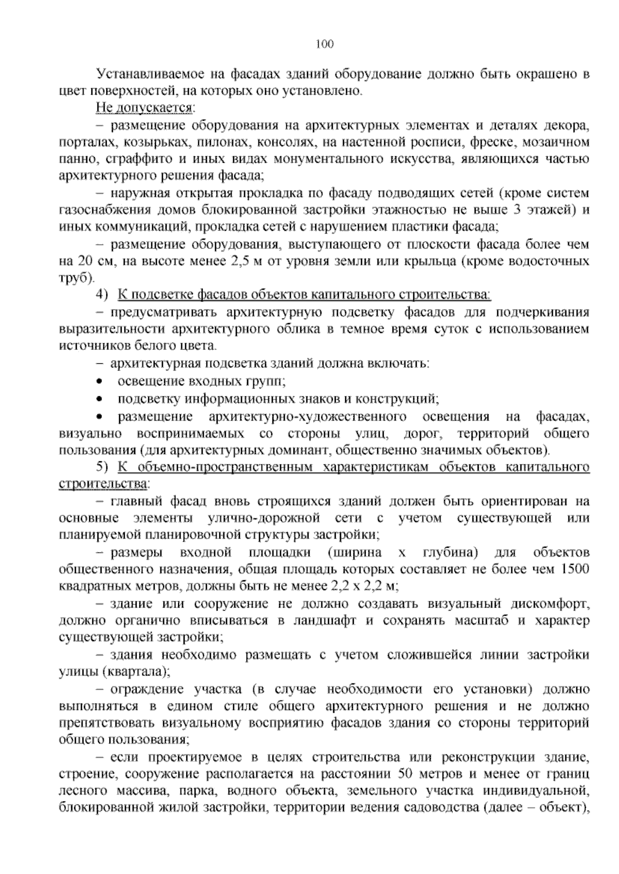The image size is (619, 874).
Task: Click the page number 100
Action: click(324, 44)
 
